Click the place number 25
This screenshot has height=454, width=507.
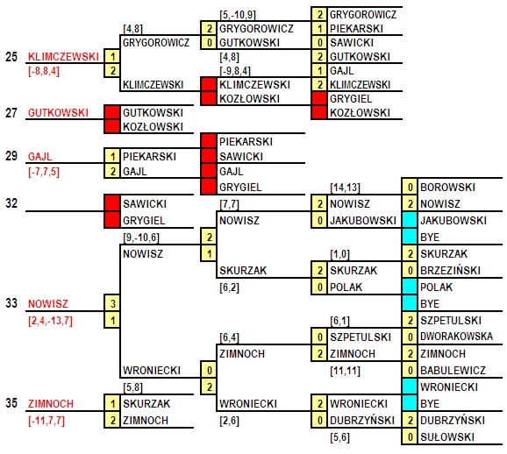tap(11, 57)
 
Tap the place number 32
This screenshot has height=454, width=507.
tap(11, 203)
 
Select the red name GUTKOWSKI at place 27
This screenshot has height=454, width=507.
tap(58, 113)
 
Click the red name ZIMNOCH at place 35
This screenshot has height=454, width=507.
tap(51, 403)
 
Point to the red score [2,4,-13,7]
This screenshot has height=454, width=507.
tap(50, 321)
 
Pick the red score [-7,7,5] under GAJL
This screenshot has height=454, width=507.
tap(44, 172)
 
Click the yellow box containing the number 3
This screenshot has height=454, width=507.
tap(112, 303)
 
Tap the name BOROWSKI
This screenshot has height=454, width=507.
tap(447, 187)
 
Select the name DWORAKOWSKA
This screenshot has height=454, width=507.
tap(456, 337)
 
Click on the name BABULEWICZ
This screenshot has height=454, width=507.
tap(453, 370)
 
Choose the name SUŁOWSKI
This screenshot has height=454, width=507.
tap(447, 436)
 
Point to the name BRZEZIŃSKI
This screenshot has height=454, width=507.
tap(450, 270)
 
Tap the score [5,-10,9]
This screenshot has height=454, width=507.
tap(238, 15)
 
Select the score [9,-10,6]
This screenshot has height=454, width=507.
tap(141, 238)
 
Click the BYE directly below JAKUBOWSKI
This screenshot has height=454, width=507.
tap(430, 238)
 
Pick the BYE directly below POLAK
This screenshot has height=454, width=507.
tap(430, 304)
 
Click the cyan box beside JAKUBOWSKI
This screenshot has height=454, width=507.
tap(410, 220)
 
